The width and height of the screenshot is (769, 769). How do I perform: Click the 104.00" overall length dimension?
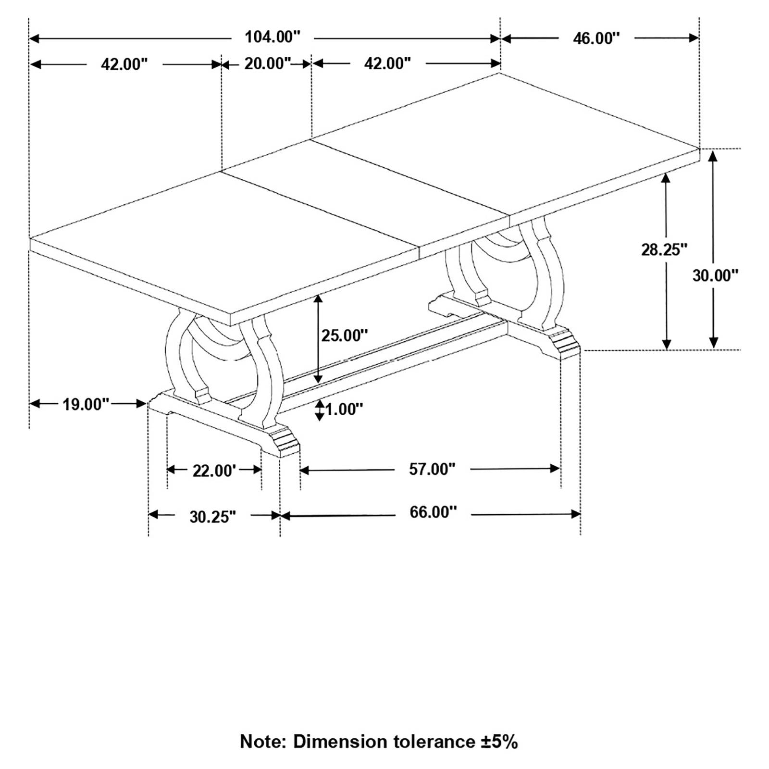pos(273,37)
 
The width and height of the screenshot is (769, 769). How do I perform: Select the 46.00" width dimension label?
pos(596,38)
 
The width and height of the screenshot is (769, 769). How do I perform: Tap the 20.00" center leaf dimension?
pos(268,63)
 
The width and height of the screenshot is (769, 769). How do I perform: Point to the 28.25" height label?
pos(664,249)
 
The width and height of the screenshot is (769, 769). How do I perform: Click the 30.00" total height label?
pos(715,275)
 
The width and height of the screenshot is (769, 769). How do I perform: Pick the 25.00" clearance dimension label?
pos(344,335)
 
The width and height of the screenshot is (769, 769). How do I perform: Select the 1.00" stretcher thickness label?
pos(344,409)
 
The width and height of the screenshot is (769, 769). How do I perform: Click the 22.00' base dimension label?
pos(214,471)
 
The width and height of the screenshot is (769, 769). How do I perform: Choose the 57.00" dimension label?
pos(432,469)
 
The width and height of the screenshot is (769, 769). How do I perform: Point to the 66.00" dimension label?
pos(433,512)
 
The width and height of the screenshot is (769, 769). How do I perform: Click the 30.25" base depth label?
pos(212,517)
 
